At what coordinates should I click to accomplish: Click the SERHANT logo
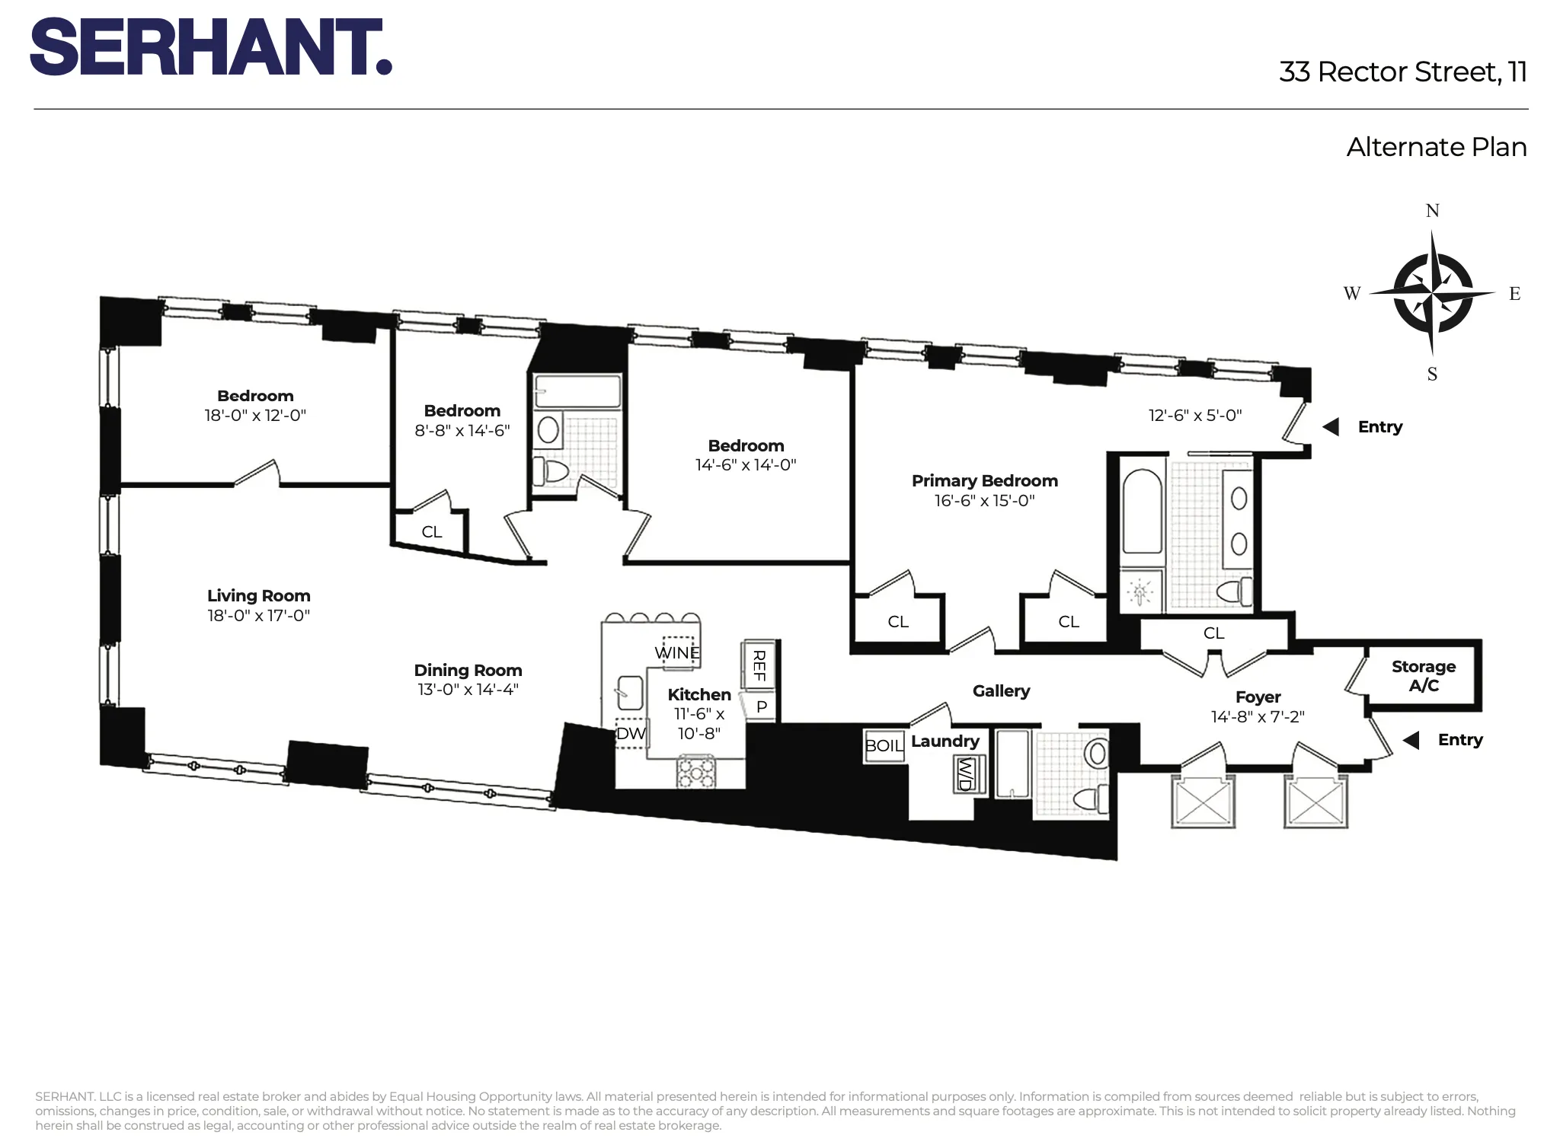coord(211,47)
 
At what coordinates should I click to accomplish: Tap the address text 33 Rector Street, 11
coord(1402,72)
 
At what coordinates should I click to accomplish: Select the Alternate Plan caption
coord(1436,147)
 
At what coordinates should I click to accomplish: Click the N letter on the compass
coord(1432,211)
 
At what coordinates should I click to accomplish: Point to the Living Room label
coord(258,596)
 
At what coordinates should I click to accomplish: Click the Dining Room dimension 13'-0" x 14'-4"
coord(468,690)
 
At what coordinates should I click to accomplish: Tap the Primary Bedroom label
coord(984,481)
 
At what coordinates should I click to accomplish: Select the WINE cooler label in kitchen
coord(677,653)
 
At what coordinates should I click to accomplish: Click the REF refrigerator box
coord(759,665)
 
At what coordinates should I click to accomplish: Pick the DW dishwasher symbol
coord(631,734)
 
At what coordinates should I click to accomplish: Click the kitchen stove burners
coord(696,771)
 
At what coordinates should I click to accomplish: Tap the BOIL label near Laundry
coord(884,746)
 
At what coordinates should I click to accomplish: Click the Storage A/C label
coord(1423,676)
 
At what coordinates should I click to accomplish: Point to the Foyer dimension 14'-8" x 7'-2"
coord(1258,717)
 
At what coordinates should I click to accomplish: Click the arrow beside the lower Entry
coord(1411,740)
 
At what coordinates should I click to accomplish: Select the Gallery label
coord(1001,691)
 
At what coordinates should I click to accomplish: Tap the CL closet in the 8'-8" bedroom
coord(431,532)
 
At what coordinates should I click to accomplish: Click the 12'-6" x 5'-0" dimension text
coord(1194,416)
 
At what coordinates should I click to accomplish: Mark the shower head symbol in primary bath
coord(1140,592)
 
